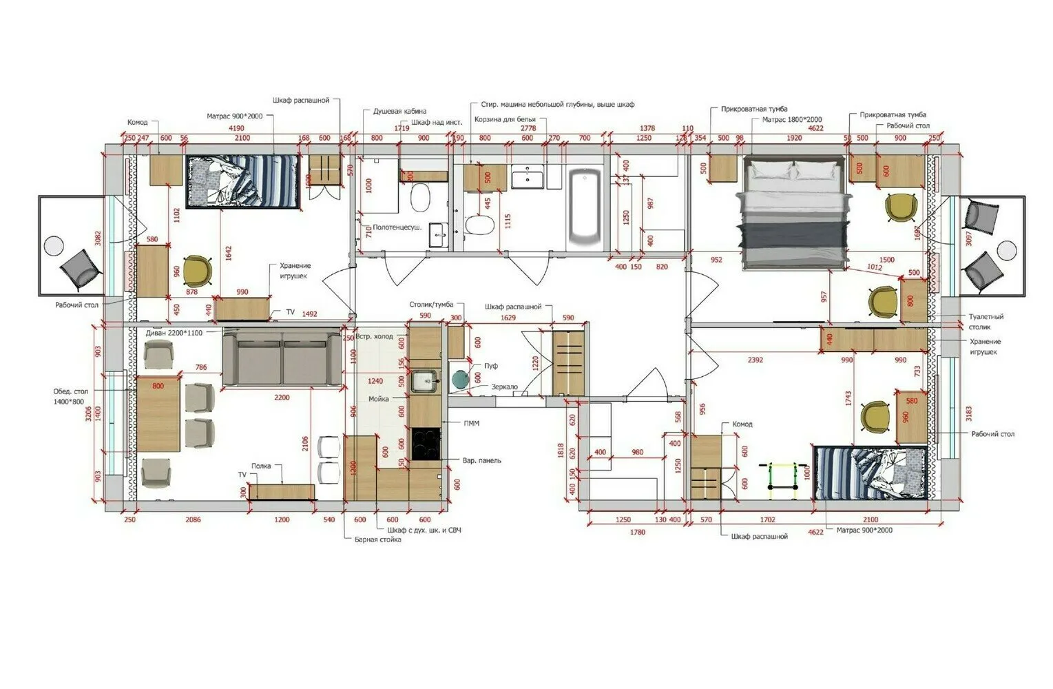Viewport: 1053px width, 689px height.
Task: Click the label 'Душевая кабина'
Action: [399, 111]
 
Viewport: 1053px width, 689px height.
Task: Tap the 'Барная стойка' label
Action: [377, 540]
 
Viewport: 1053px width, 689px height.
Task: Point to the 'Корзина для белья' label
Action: [505, 120]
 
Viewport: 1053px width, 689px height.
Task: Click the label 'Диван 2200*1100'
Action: [174, 333]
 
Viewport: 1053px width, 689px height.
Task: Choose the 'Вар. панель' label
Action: [481, 460]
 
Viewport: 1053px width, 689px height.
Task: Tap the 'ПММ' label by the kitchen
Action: [471, 424]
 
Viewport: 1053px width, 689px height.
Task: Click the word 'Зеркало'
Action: [504, 387]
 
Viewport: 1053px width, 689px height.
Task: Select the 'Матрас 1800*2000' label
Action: [791, 120]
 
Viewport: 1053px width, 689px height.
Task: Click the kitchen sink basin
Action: [424, 380]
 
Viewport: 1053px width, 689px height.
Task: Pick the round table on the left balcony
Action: [53, 245]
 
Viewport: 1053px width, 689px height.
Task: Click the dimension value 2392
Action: [755, 360]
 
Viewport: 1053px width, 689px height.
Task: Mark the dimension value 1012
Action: [874, 267]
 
